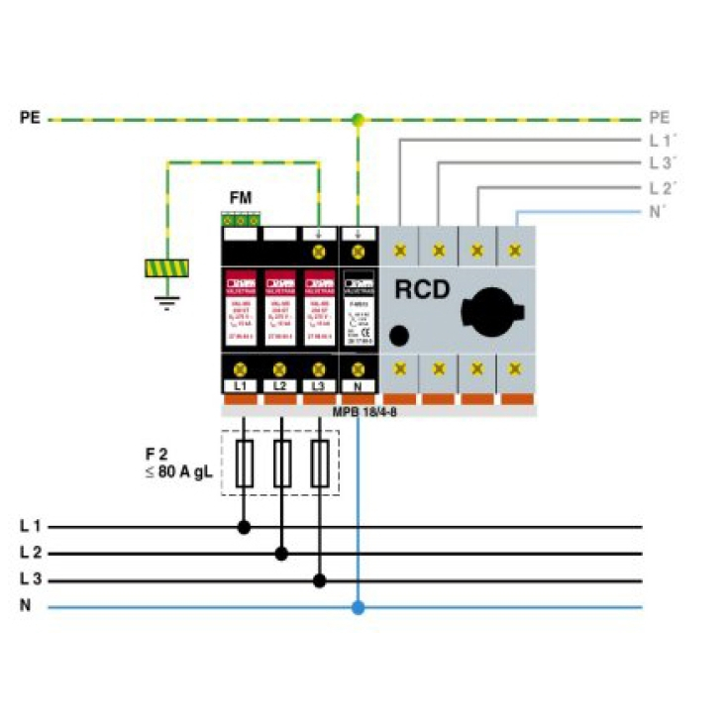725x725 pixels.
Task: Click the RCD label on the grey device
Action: click(x=424, y=290)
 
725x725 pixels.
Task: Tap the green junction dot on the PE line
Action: click(x=358, y=120)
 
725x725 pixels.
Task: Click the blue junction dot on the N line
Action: click(x=358, y=607)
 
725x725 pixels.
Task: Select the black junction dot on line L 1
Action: click(x=244, y=528)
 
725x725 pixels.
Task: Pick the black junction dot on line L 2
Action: click(x=281, y=555)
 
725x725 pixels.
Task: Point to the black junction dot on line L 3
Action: click(x=319, y=581)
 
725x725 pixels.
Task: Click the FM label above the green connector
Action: click(x=241, y=198)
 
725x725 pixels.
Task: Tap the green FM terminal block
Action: click(x=241, y=219)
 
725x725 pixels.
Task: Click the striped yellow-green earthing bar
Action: click(x=166, y=267)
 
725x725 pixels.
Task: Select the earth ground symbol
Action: click(x=166, y=299)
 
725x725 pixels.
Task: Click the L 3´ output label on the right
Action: click(x=663, y=162)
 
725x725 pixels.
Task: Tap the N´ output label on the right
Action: click(x=661, y=211)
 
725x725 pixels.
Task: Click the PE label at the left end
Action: click(x=30, y=118)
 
